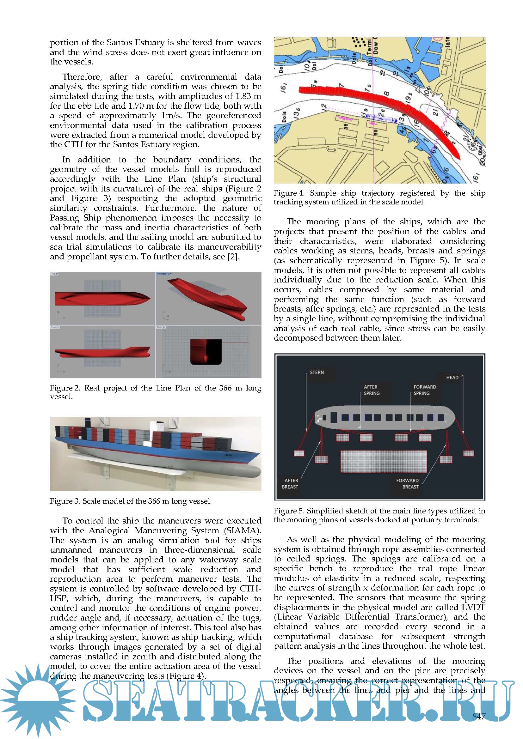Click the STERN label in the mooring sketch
pos(317,373)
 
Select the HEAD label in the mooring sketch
pos(452,378)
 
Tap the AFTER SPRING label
pos(371,390)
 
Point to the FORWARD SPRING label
pos(424,390)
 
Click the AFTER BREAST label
pos(291,483)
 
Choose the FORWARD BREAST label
pos(407,483)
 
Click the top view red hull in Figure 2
pos(102,299)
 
